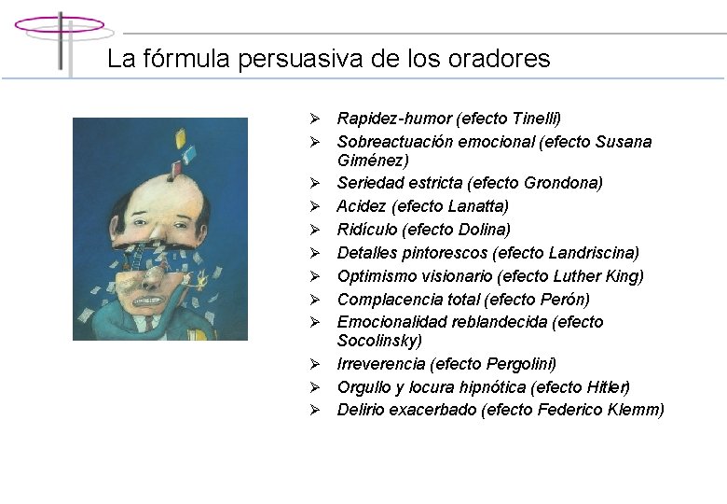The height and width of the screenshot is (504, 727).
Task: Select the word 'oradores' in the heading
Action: [506, 59]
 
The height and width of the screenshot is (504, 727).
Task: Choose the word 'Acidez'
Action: [363, 206]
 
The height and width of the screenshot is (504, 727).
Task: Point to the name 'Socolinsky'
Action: [379, 341]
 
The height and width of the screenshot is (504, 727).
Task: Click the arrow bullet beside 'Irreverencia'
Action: [316, 364]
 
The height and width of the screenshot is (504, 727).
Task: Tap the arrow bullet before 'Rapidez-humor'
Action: [316, 119]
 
